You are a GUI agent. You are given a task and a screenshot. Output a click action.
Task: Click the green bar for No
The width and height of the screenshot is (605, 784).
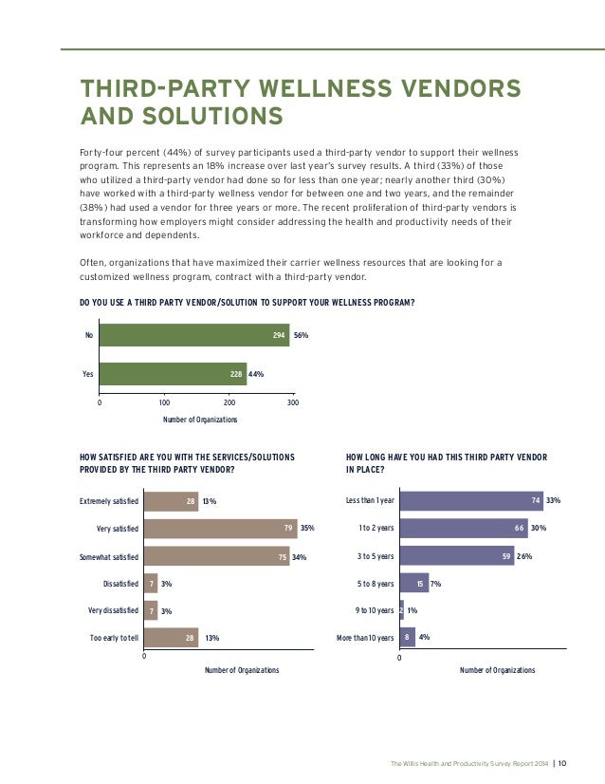tap(194, 335)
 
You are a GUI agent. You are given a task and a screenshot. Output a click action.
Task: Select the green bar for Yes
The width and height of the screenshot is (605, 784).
tap(173, 374)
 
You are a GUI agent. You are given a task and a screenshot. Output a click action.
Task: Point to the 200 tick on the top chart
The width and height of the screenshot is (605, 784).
tap(229, 402)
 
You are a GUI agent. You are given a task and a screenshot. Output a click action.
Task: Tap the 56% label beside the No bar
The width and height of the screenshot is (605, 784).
tap(302, 335)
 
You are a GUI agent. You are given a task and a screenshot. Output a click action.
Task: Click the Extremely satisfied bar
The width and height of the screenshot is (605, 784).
tap(171, 500)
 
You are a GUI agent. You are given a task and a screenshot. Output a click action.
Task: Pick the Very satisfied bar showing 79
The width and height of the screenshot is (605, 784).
tap(219, 528)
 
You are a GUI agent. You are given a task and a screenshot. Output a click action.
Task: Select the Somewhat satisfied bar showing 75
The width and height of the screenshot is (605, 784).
tap(217, 556)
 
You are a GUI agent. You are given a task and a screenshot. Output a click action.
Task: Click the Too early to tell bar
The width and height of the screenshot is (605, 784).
tap(171, 638)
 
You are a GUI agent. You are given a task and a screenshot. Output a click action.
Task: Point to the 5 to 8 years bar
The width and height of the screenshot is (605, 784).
tap(414, 584)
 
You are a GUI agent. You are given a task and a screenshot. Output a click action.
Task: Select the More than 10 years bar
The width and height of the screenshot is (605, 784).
tap(408, 638)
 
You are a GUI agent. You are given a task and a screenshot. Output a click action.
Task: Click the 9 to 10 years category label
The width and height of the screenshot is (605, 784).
tap(372, 611)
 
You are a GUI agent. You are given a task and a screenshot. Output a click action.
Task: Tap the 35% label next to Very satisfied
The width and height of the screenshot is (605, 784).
tap(307, 528)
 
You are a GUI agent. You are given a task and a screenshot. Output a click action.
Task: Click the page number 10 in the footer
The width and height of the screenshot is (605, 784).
tap(562, 761)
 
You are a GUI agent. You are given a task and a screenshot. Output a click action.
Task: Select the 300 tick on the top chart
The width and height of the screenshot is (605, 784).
tap(293, 402)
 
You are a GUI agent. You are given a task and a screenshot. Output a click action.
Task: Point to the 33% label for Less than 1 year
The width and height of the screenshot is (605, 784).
tap(554, 500)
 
